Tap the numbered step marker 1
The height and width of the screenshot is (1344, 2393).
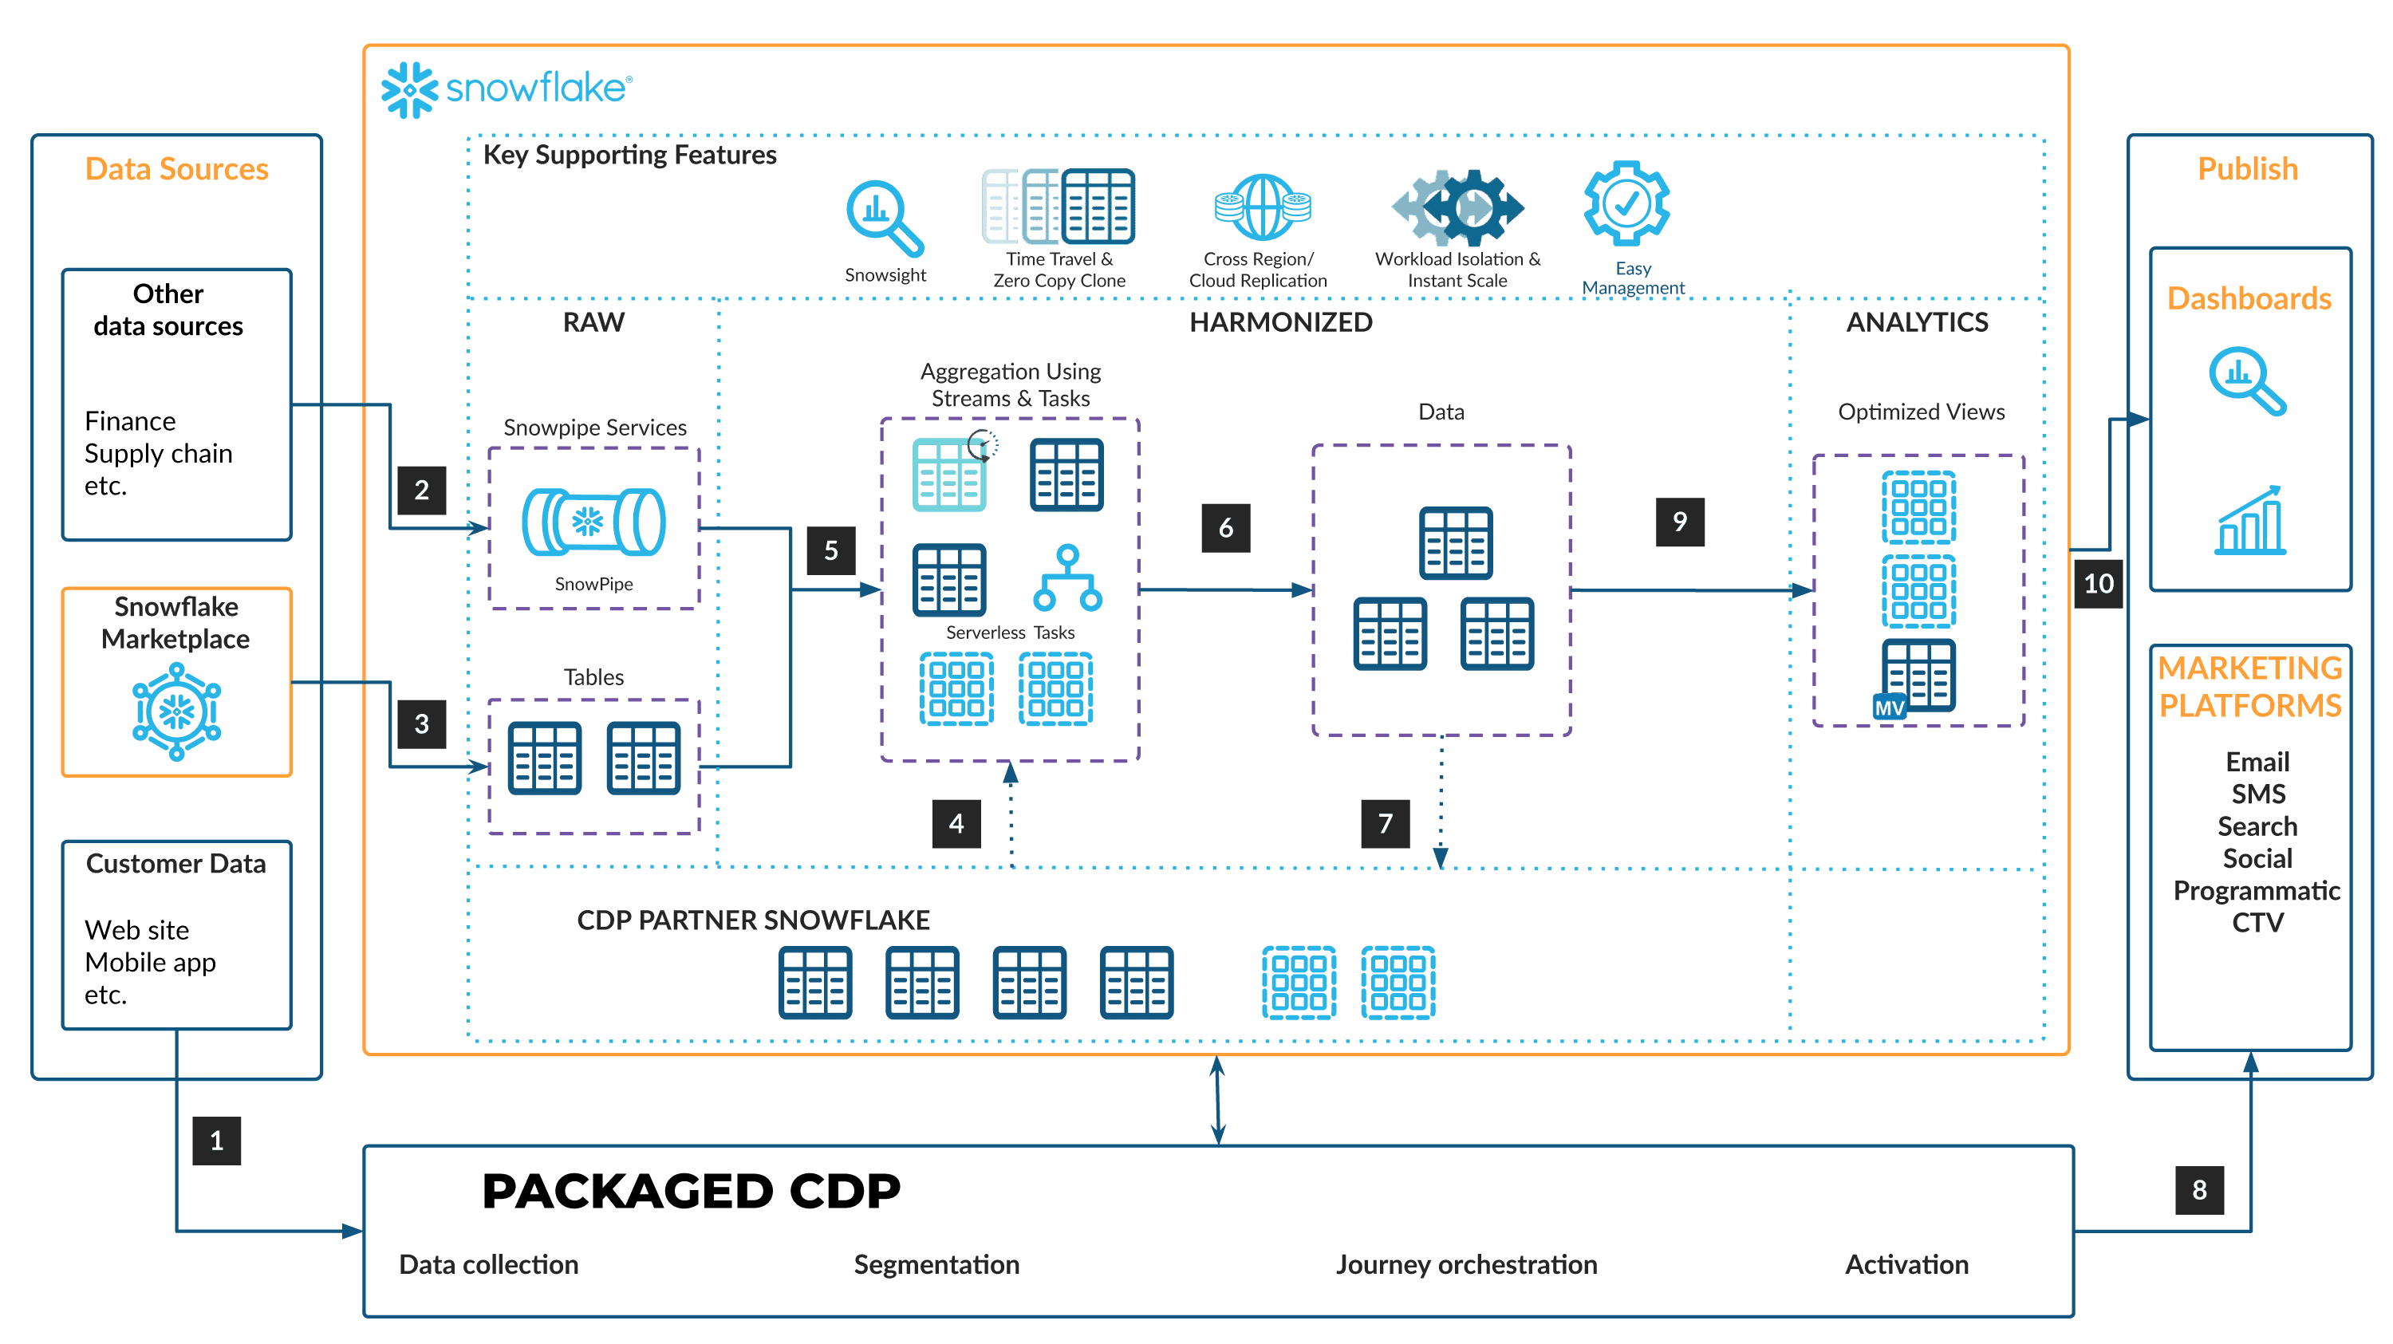tap(216, 1141)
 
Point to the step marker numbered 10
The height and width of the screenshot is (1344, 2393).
tap(2099, 583)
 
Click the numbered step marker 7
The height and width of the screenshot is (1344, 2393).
tap(1385, 824)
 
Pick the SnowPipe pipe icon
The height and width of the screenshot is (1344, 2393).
tap(593, 522)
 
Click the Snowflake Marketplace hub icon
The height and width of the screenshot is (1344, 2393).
tap(176, 711)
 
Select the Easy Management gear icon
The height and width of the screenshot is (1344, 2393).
tap(1626, 203)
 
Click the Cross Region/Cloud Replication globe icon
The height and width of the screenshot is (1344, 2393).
tap(1263, 207)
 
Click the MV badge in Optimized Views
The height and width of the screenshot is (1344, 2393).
tap(1890, 707)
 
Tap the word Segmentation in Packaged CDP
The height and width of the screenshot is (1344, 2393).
tap(936, 1264)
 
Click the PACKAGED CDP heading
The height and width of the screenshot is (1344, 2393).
tap(691, 1192)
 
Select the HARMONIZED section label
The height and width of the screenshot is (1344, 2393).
tap(1280, 322)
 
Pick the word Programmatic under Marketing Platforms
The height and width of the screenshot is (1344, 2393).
tap(2257, 891)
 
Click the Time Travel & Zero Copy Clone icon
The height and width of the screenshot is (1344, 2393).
tap(1059, 207)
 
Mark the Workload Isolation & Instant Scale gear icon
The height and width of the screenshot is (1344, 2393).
tap(1457, 207)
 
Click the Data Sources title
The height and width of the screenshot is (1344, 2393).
tap(176, 169)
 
